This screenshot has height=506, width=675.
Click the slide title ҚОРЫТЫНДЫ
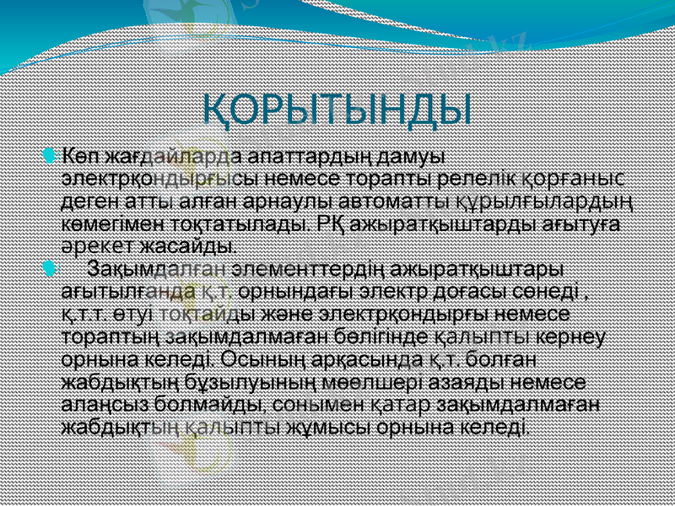click(x=337, y=110)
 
